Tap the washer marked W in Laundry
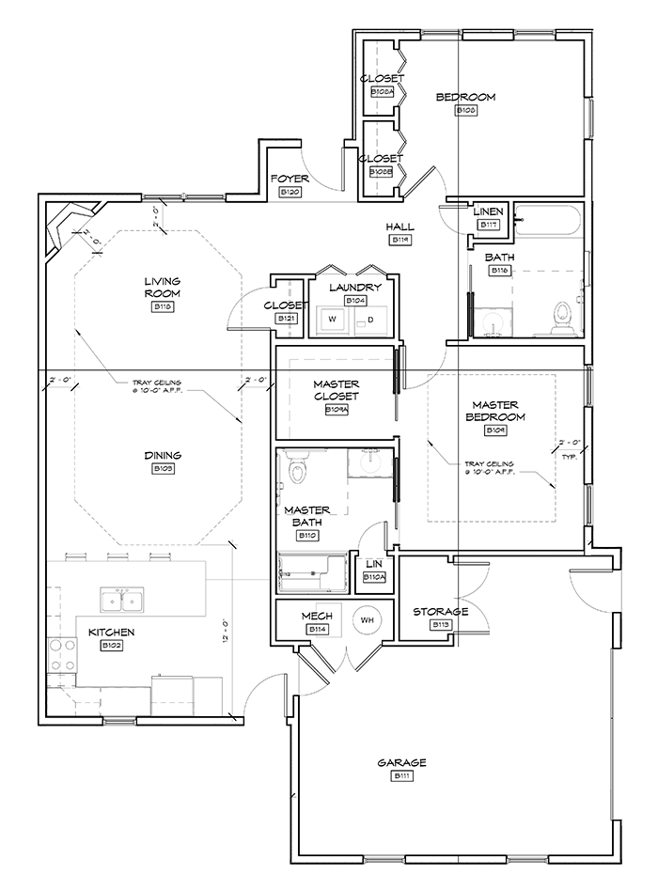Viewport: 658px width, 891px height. pos(332,320)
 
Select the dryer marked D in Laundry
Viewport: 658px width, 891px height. pos(369,320)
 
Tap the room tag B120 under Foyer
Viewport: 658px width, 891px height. pos(290,192)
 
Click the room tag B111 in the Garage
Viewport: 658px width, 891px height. pos(403,776)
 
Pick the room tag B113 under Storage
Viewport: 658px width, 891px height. pos(441,625)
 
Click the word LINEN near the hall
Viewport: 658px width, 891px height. pos(489,212)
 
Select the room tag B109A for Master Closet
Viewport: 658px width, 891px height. pos(336,410)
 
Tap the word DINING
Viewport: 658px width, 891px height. pos(163,456)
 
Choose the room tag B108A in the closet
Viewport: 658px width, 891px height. pos(381,93)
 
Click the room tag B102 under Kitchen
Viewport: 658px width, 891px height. pos(111,646)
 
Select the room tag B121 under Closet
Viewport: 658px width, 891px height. pos(286,319)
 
